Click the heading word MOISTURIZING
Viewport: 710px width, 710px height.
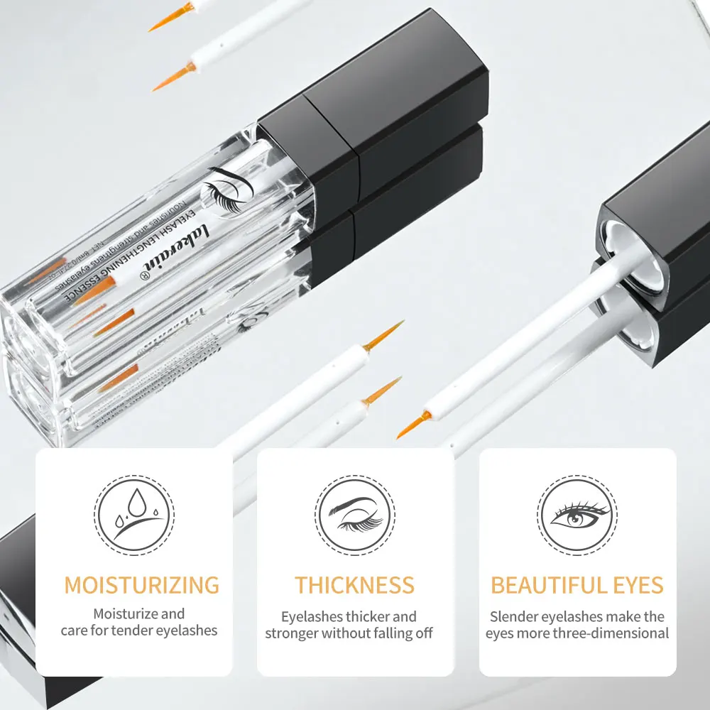(141, 586)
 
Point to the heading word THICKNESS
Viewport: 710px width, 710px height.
(354, 586)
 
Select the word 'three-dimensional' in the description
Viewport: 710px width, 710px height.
(613, 633)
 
